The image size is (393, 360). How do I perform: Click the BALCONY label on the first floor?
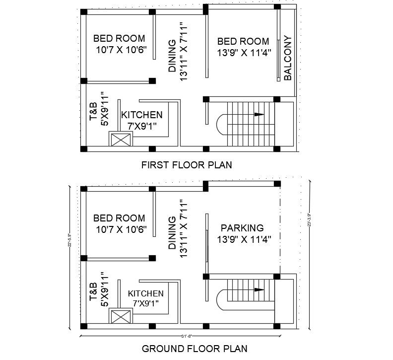(x=288, y=58)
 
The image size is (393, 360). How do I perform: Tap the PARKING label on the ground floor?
(x=242, y=228)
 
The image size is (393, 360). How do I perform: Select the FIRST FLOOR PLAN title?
(x=187, y=165)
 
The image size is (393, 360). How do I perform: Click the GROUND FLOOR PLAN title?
(x=195, y=349)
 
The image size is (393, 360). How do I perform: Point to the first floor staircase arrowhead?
(x=259, y=114)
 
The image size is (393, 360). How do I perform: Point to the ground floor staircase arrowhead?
(x=259, y=289)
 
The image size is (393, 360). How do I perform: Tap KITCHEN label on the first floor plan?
(x=142, y=115)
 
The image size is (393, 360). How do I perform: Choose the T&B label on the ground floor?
(x=93, y=292)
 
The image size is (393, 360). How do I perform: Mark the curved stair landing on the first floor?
(x=221, y=123)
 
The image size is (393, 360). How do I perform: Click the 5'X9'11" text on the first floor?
(x=104, y=108)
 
